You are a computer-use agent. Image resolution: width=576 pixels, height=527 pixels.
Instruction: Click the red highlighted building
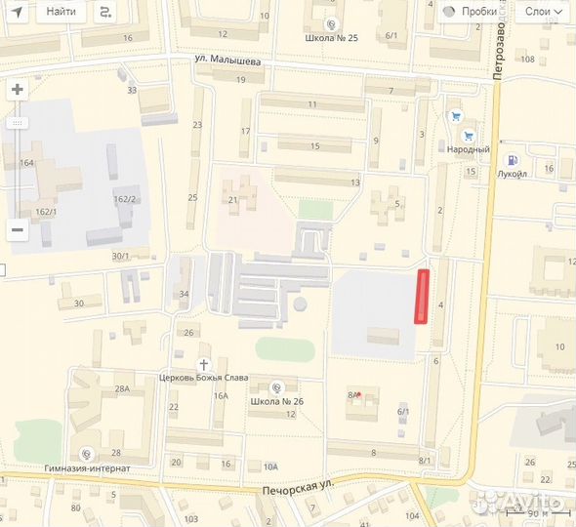(423, 296)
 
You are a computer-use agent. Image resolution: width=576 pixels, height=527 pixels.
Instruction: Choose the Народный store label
(469, 149)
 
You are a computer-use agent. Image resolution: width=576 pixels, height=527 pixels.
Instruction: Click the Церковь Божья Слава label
(204, 378)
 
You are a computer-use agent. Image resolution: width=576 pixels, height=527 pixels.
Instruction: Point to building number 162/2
(125, 199)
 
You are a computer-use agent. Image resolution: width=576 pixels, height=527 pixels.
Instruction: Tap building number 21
(233, 200)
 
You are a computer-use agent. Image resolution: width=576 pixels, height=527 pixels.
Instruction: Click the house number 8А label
(352, 395)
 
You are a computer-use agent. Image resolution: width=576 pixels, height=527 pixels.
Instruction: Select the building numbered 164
(26, 163)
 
